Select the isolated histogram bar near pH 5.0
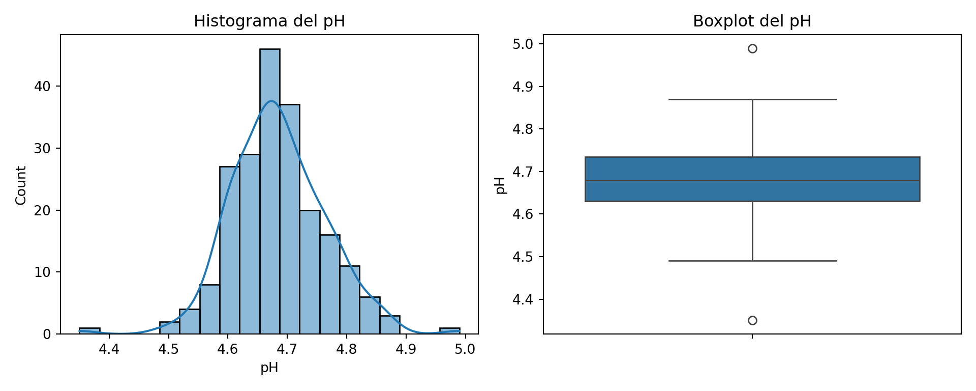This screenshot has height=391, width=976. (449, 331)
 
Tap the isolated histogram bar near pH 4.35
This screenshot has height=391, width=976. (89, 331)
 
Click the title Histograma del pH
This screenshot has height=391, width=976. (269, 21)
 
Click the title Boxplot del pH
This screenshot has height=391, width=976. (752, 21)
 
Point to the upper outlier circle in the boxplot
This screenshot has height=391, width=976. (752, 49)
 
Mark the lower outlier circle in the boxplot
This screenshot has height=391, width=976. (752, 320)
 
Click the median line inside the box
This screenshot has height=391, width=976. (752, 180)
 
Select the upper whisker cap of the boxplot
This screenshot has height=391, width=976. (752, 99)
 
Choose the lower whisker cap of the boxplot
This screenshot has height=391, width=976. (752, 261)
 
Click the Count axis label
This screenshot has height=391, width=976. (21, 185)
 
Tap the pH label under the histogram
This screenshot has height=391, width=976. (269, 368)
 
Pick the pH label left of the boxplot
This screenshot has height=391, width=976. (501, 185)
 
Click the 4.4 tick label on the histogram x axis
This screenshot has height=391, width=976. (109, 349)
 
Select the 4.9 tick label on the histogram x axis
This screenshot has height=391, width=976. (406, 349)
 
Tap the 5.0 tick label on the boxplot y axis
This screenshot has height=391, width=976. (523, 44)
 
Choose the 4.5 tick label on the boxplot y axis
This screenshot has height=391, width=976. (523, 257)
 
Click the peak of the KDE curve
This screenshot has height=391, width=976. (272, 101)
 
